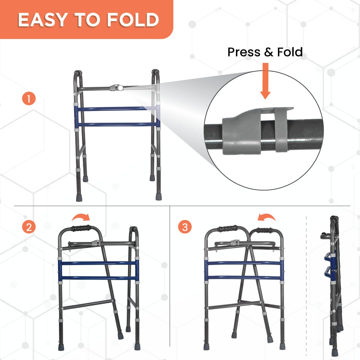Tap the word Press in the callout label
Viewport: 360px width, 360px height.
tap(244, 52)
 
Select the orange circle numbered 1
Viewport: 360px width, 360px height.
tap(29, 99)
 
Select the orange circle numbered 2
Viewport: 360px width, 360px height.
tap(29, 227)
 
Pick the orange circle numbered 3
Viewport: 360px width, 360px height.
tap(185, 227)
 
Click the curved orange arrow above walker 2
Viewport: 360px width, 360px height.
tap(81, 218)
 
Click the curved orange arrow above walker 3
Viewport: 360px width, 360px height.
tap(267, 218)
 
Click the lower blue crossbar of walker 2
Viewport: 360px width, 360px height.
tap(99, 278)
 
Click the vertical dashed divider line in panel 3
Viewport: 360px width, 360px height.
tap(306, 283)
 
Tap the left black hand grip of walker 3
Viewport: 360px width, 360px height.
tap(227, 229)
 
